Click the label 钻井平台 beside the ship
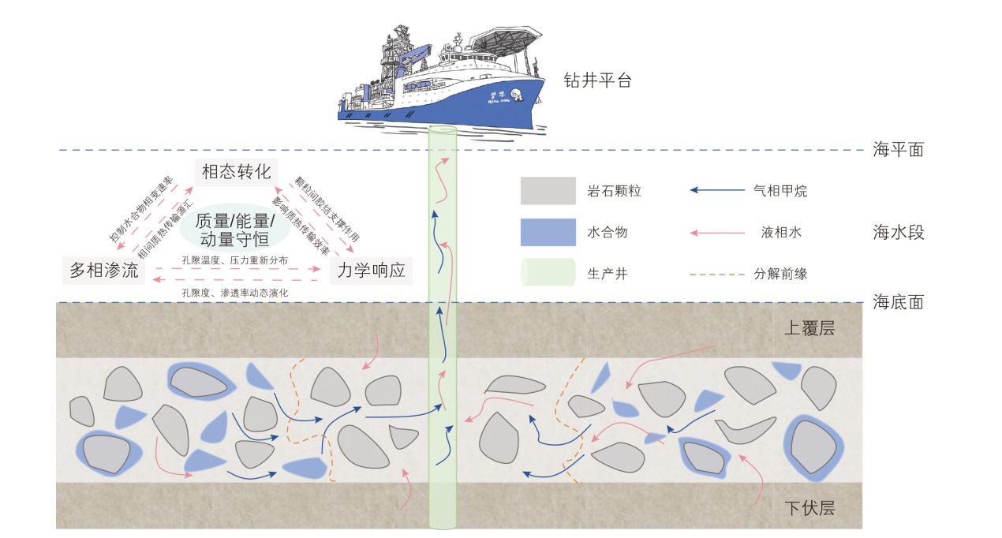click(x=597, y=80)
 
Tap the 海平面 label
click(x=898, y=149)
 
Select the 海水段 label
click(x=898, y=233)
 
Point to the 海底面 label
click(x=898, y=301)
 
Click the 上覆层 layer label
click(x=809, y=329)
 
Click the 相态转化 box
click(x=236, y=172)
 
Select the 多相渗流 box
click(x=103, y=271)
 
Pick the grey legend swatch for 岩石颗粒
click(x=548, y=191)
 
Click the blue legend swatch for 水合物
click(x=548, y=233)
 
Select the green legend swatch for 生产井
click(x=548, y=274)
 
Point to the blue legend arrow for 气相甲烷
click(x=717, y=191)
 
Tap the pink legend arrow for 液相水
click(x=717, y=233)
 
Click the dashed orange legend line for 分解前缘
click(x=717, y=275)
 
